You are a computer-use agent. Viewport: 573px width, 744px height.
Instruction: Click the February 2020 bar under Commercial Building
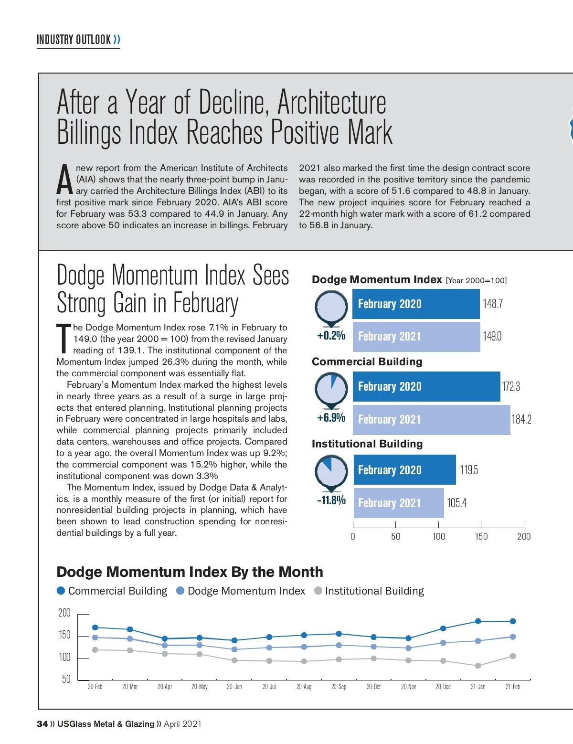coord(426,386)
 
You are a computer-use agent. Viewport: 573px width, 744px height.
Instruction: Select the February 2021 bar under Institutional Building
coord(398,503)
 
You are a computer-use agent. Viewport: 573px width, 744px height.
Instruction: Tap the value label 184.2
coord(521,419)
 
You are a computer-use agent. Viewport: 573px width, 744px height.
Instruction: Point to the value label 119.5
coord(468,470)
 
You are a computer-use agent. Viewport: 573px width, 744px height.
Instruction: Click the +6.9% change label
coord(331,418)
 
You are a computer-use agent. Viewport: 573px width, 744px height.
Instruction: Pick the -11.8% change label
coord(331,500)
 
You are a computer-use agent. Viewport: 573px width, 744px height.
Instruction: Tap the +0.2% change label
coord(331,335)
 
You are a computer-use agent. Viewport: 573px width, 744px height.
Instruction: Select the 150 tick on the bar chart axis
coord(481,536)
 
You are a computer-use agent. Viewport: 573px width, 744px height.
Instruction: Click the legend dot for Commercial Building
coord(61,591)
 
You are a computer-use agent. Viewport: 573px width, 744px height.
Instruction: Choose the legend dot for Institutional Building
coord(318,591)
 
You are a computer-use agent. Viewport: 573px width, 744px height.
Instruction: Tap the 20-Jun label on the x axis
coord(234,687)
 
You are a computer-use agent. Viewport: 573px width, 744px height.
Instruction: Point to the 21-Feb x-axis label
coord(512,687)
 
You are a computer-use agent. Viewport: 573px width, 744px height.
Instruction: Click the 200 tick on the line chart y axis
coord(64,613)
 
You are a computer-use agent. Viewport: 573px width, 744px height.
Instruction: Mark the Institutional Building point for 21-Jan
coord(478,665)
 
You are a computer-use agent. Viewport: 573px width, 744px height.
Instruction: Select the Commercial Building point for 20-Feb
coord(95,627)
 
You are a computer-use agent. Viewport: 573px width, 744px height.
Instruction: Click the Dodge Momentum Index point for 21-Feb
coord(513,637)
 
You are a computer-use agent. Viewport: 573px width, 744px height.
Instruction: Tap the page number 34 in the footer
coord(42,724)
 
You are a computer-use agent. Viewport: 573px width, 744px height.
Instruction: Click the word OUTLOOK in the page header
coord(93,40)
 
